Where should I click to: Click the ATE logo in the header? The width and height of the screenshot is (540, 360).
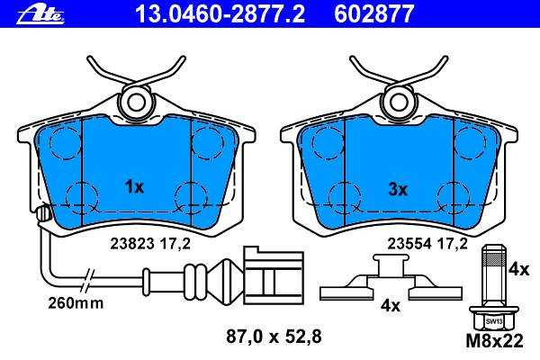(40, 15)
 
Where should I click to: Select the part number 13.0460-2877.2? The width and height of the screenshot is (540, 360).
(220, 14)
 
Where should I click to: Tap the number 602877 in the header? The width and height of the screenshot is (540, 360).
(373, 14)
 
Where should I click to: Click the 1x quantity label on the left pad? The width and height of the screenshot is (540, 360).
(134, 187)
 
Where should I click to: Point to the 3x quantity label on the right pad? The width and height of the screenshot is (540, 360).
(398, 189)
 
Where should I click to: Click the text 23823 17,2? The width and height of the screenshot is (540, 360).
(150, 244)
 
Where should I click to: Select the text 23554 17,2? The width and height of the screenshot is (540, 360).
(427, 244)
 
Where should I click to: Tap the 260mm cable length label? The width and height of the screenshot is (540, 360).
(76, 303)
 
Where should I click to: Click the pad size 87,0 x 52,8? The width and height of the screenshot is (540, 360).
(274, 337)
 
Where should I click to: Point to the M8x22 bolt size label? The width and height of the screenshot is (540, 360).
(494, 341)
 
